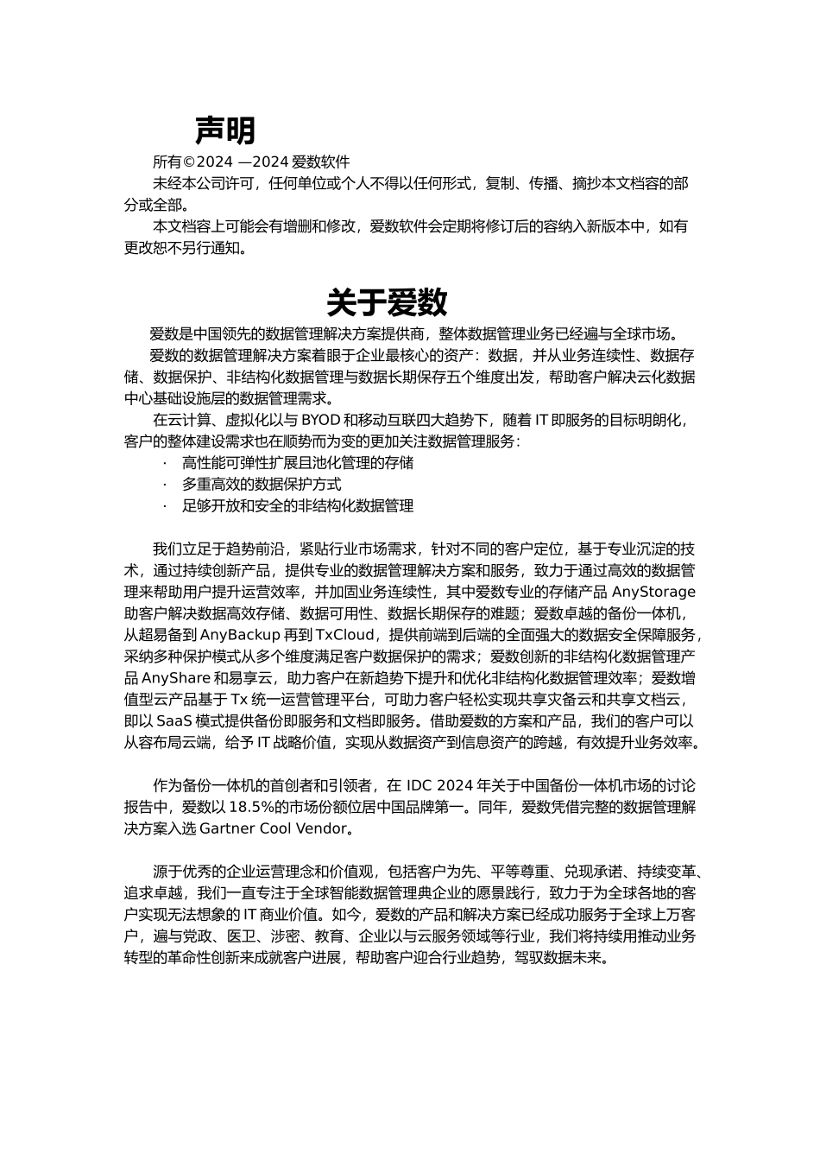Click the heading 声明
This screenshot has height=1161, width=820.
click(x=224, y=130)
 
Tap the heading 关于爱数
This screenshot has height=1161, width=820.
click(x=387, y=302)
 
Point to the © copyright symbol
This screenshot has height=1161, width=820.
click(x=189, y=162)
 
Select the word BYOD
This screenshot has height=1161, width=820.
click(x=319, y=421)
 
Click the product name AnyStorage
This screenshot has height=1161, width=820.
click(x=653, y=592)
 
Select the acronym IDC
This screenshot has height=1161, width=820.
click(x=419, y=785)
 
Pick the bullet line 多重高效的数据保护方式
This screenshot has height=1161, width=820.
click(x=262, y=485)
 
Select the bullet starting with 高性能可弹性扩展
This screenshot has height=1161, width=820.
click(x=298, y=463)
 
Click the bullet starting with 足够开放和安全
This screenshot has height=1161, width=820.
click(x=298, y=506)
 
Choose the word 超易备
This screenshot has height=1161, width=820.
click(x=161, y=635)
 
